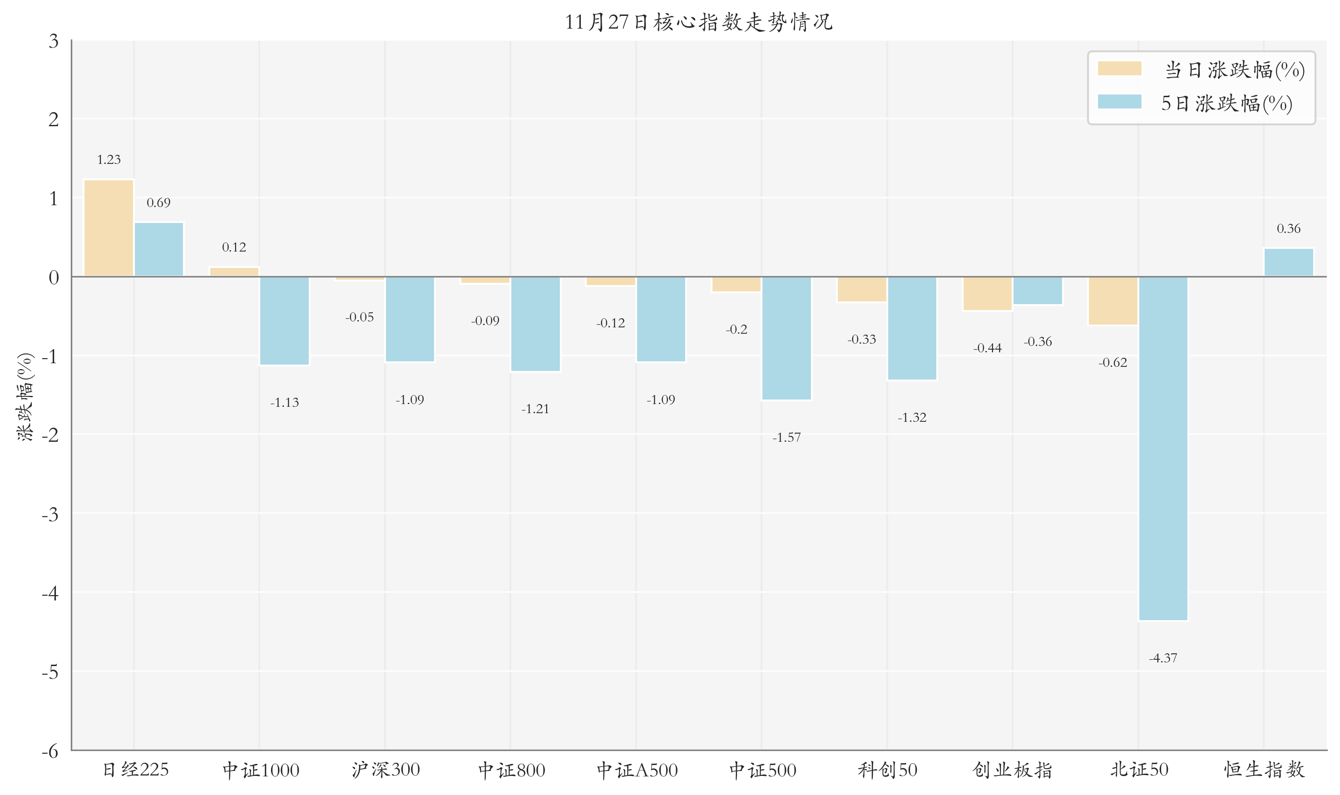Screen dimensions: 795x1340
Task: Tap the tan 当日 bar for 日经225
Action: (x=109, y=228)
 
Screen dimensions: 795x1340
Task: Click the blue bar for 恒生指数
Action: (x=1289, y=262)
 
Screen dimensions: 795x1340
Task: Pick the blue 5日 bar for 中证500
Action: (x=786, y=338)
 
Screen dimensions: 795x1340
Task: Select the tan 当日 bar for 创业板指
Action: (x=987, y=294)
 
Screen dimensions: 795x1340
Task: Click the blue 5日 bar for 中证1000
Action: (x=284, y=321)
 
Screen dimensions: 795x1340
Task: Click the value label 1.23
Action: (x=109, y=160)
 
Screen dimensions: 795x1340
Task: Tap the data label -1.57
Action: (x=786, y=438)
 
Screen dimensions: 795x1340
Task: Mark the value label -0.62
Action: (x=1113, y=363)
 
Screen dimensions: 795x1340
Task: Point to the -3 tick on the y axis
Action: (x=51, y=515)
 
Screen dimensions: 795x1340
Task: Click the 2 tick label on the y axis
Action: (x=54, y=119)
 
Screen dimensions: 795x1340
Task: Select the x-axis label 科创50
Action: (x=887, y=770)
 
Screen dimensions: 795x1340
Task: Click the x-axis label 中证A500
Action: (x=637, y=770)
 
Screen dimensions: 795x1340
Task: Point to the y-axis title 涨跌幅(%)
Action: (x=25, y=396)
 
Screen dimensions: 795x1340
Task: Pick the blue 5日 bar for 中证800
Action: (x=535, y=324)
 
